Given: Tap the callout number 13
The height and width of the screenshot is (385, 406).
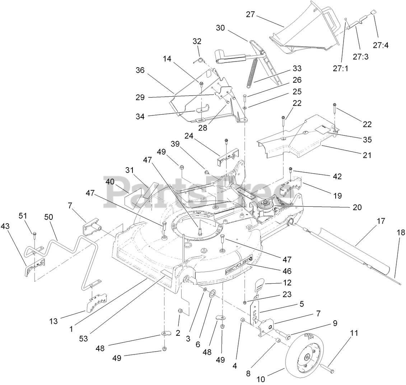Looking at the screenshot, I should tap(53, 321).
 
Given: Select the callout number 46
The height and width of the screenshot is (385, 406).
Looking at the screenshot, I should tap(288, 271).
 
